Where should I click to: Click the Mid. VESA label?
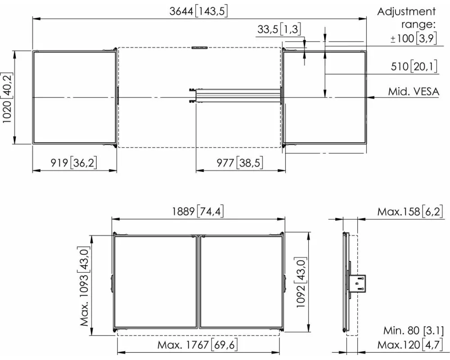click(414, 92)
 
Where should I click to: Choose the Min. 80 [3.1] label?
click(414, 330)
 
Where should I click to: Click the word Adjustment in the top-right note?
click(406, 12)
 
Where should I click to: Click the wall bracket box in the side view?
click(358, 283)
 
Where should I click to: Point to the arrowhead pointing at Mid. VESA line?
click(370, 97)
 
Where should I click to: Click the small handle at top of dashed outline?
click(199, 47)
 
